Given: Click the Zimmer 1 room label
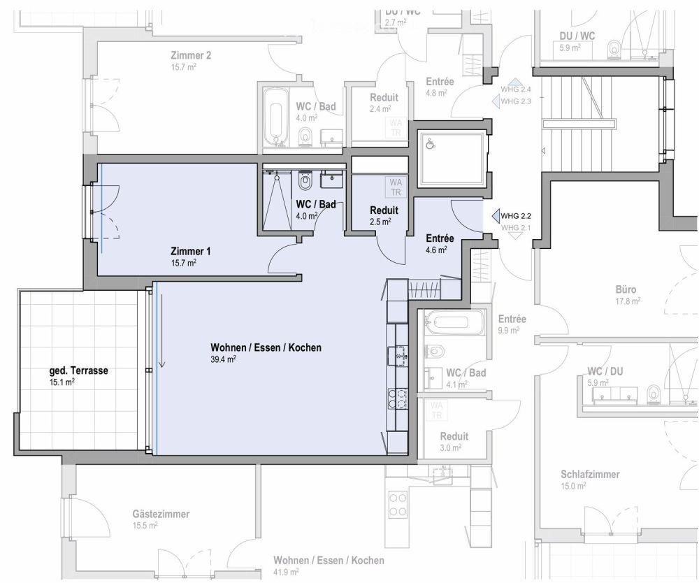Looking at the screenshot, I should pyautogui.click(x=191, y=251).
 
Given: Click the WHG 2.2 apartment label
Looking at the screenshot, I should pyautogui.click(x=516, y=217).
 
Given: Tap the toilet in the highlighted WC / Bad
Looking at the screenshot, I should pyautogui.click(x=305, y=182).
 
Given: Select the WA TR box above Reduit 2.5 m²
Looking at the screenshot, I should pyautogui.click(x=396, y=187).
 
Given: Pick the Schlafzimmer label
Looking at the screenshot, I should pyautogui.click(x=590, y=474).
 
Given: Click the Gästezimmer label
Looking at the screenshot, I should pyautogui.click(x=161, y=514).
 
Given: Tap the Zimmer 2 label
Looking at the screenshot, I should pyautogui.click(x=191, y=56).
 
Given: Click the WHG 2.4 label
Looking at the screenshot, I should pyautogui.click(x=516, y=89).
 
